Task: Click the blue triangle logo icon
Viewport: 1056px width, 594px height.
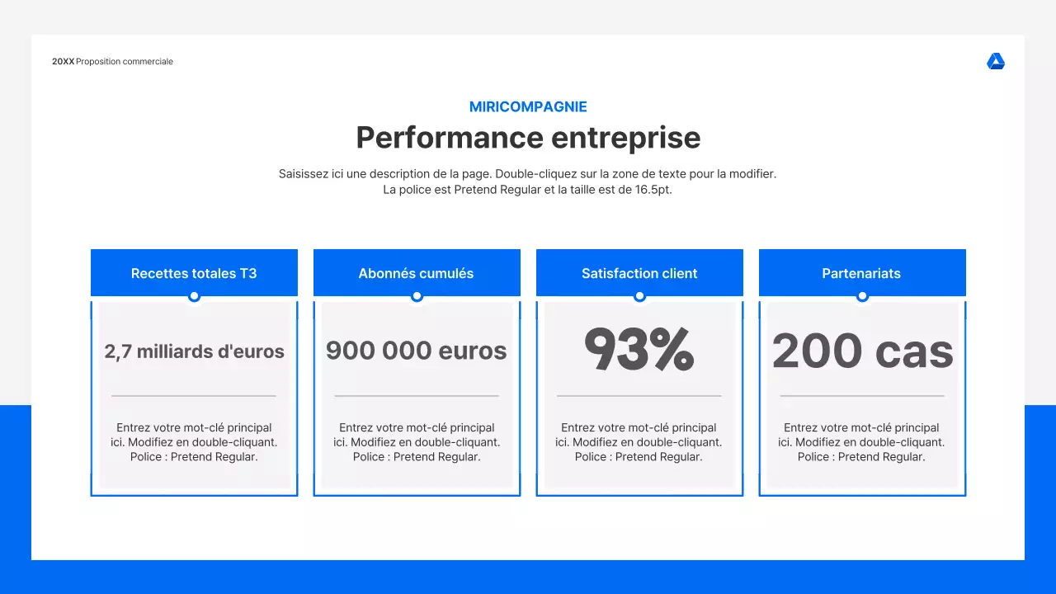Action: point(996,62)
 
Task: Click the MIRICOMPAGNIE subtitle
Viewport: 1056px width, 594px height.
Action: point(528,106)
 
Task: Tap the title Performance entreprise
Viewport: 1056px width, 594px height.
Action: point(528,137)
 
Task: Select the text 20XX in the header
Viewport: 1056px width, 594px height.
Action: point(63,62)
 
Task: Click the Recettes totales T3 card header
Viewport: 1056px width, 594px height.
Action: point(194,273)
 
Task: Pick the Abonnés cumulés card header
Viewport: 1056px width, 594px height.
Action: point(417,273)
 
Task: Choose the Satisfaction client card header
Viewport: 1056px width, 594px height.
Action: point(639,273)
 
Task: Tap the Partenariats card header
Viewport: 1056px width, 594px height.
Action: point(862,273)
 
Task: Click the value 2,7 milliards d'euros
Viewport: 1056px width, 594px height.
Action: point(194,351)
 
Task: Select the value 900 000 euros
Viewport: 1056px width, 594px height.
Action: point(417,351)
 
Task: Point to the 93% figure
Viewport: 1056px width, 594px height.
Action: point(639,350)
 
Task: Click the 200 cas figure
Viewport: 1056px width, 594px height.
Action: point(862,351)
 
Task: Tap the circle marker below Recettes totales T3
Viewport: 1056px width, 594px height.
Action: point(194,296)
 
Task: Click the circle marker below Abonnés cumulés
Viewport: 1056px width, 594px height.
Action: point(417,296)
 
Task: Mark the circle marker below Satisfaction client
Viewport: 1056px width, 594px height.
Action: point(639,296)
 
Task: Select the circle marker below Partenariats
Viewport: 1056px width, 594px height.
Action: point(862,296)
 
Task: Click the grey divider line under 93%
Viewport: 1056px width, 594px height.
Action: point(639,396)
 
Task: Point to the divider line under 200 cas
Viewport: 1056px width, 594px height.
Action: point(862,396)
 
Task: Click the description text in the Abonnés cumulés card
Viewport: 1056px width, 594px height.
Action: point(417,442)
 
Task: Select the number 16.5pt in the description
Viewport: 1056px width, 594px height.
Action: point(653,190)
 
